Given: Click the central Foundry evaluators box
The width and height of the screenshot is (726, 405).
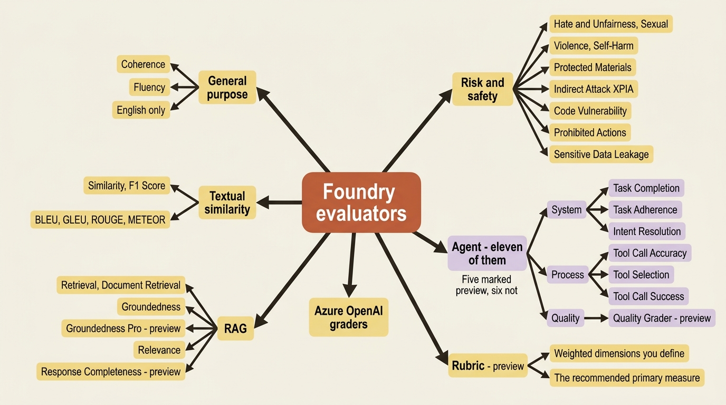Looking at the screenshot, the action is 361,202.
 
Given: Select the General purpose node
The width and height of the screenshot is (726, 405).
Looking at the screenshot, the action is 227,88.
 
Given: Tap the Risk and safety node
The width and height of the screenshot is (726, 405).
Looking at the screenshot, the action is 483,89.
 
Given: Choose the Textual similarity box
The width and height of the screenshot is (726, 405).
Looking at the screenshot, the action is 227,202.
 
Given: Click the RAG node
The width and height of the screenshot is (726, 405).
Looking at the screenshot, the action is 235,329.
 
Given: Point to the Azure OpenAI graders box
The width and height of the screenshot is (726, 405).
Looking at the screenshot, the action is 349,317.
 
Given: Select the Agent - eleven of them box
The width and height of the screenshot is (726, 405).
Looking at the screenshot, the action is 487,253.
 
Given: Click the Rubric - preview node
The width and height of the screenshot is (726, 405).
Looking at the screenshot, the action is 488,365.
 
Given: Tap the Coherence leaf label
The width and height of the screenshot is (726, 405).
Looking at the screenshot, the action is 144,64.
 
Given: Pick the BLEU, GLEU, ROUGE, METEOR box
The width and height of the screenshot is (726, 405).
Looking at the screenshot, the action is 100,220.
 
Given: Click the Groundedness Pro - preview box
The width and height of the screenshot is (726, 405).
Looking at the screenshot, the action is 123,328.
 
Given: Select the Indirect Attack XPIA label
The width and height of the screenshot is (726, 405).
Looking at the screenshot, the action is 594,89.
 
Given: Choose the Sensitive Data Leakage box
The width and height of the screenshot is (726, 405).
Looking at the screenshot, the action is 601,154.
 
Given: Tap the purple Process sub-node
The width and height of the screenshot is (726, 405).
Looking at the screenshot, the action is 568,275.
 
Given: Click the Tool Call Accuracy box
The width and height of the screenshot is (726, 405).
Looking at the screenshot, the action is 650,253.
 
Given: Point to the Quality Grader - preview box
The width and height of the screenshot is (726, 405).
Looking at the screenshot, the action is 662,318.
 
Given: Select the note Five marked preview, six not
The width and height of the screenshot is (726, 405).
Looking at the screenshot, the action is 486,285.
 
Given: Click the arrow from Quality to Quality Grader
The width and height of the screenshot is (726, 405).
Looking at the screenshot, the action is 596,318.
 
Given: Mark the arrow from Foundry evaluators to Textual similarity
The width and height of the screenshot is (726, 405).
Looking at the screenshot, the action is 279,202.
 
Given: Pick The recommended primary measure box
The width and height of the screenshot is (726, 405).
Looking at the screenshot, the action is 627,378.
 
